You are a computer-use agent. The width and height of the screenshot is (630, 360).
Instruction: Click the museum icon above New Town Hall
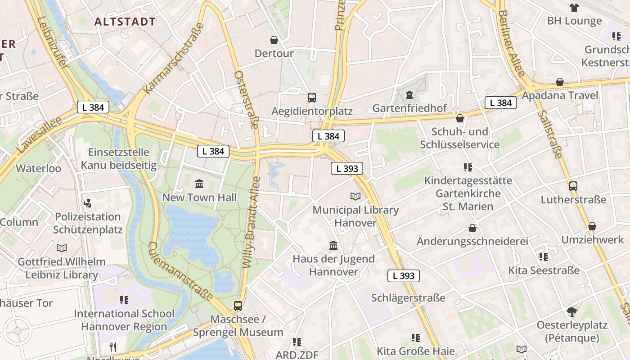point(199,184)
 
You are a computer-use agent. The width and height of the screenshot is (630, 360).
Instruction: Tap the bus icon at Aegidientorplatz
point(311,97)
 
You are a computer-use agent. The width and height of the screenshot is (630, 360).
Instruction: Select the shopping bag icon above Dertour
point(274,40)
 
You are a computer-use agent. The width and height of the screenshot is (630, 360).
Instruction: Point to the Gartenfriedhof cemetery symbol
point(409,95)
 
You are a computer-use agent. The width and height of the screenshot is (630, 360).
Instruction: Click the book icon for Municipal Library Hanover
point(355,196)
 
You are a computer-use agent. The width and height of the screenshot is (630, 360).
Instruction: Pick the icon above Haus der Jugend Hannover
point(333,245)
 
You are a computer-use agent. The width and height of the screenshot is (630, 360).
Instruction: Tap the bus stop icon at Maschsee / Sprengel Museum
point(238,306)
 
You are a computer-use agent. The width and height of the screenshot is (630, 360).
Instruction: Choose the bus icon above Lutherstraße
point(573,186)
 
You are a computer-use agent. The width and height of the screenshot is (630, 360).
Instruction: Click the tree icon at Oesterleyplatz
point(571,311)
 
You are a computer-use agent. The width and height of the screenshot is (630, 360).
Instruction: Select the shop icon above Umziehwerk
point(592,226)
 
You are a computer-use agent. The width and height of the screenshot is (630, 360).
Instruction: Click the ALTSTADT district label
point(125,22)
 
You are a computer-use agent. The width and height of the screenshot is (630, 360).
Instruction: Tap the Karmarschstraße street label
point(173,58)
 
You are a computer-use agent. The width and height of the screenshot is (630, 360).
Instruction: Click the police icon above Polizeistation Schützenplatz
point(88,203)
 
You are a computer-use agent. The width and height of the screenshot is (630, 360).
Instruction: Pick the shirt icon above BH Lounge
point(574,7)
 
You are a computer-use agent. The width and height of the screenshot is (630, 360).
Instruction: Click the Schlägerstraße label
point(408,298)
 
